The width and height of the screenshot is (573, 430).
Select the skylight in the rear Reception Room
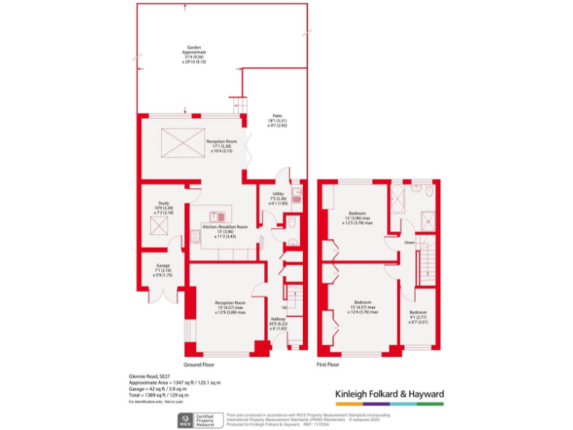coord(184,142)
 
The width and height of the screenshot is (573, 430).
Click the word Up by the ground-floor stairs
coord(284,308)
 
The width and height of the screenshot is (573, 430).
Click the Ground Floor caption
coord(200,365)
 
